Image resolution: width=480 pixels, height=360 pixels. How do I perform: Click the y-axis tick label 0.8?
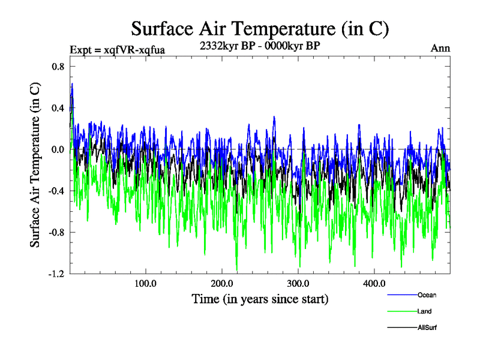click(58, 67)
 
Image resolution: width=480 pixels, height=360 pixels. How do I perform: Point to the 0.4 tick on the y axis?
click(58, 108)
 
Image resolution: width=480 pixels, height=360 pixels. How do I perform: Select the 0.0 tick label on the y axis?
click(58, 149)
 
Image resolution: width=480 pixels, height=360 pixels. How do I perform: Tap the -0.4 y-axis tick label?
click(56, 191)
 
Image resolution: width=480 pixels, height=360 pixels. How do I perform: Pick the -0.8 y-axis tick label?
click(56, 232)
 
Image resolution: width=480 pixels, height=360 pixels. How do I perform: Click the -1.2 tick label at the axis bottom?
click(56, 274)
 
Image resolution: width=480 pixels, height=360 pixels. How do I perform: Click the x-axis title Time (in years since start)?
click(260, 298)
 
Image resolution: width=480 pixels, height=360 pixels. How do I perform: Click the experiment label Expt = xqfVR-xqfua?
click(118, 49)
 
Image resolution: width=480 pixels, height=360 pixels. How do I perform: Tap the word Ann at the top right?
click(440, 49)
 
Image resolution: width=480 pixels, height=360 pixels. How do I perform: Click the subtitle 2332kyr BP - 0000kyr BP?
click(260, 46)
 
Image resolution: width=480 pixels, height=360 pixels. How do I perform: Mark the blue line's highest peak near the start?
click(72, 83)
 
